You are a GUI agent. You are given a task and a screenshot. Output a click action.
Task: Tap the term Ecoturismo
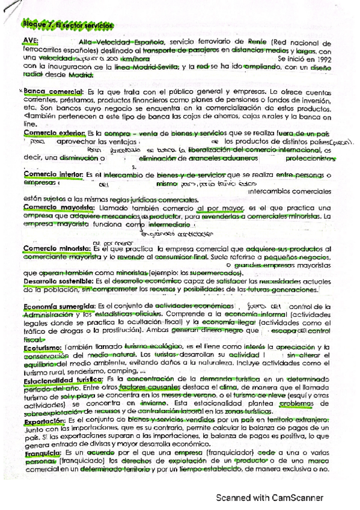pyautogui.click(x=42, y=348)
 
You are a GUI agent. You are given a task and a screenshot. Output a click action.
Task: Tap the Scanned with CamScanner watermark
pyautogui.click(x=270, y=497)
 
